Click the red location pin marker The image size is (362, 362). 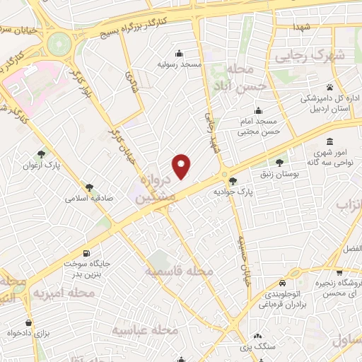[182, 165]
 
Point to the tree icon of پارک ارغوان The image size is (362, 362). [42, 154]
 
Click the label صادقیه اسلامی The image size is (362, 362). [85, 199]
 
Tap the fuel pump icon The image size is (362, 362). [86, 253]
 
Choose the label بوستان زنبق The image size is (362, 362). [296, 173]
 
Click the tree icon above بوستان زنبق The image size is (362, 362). [289, 162]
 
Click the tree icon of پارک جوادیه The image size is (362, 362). [233, 181]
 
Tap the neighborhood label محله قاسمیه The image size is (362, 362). [179, 271]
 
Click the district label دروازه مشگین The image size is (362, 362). [155, 189]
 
